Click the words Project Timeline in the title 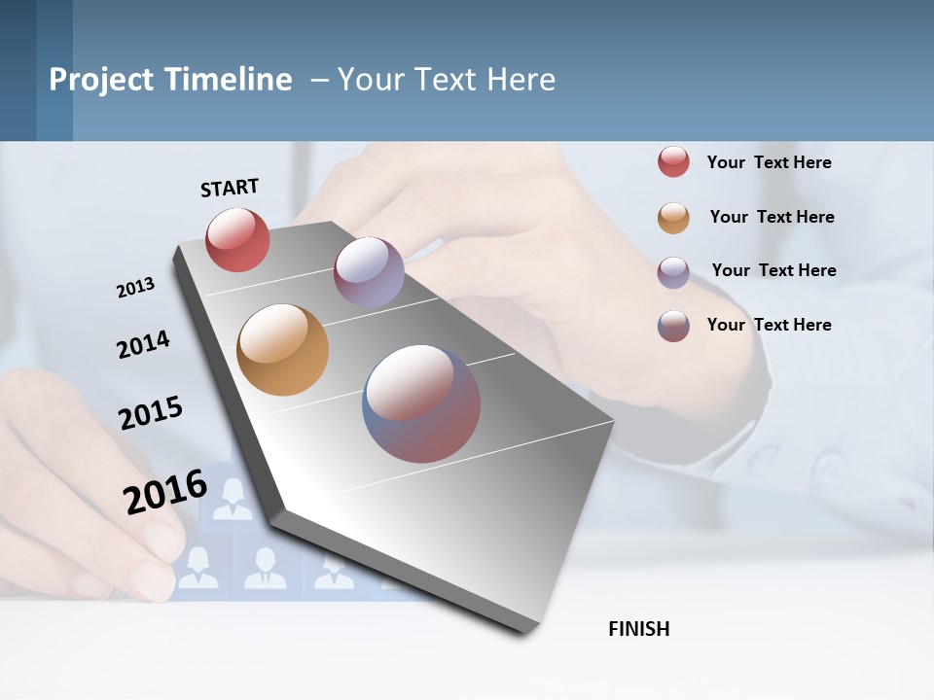click(x=170, y=80)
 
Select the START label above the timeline click(x=230, y=188)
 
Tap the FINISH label click(x=638, y=629)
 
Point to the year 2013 click(x=135, y=288)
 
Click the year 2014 click(x=143, y=345)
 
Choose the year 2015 click(x=151, y=413)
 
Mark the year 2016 click(x=165, y=491)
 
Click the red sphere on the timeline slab click(x=237, y=239)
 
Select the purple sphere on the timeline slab click(x=369, y=271)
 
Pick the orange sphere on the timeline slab click(x=282, y=350)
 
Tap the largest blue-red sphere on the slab click(x=421, y=403)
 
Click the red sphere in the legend click(x=673, y=162)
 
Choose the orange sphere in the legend click(x=673, y=218)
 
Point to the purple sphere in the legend click(x=673, y=271)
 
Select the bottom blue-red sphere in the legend click(x=673, y=326)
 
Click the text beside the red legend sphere click(x=769, y=162)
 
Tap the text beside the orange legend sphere click(x=772, y=217)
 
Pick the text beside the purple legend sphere click(x=773, y=270)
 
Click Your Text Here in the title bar click(x=447, y=80)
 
